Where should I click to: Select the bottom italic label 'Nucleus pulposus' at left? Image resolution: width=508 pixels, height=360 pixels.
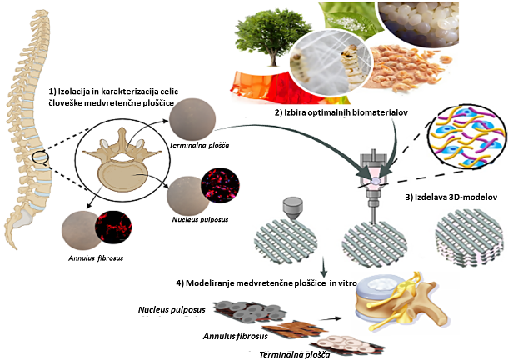click(x=172, y=311)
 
